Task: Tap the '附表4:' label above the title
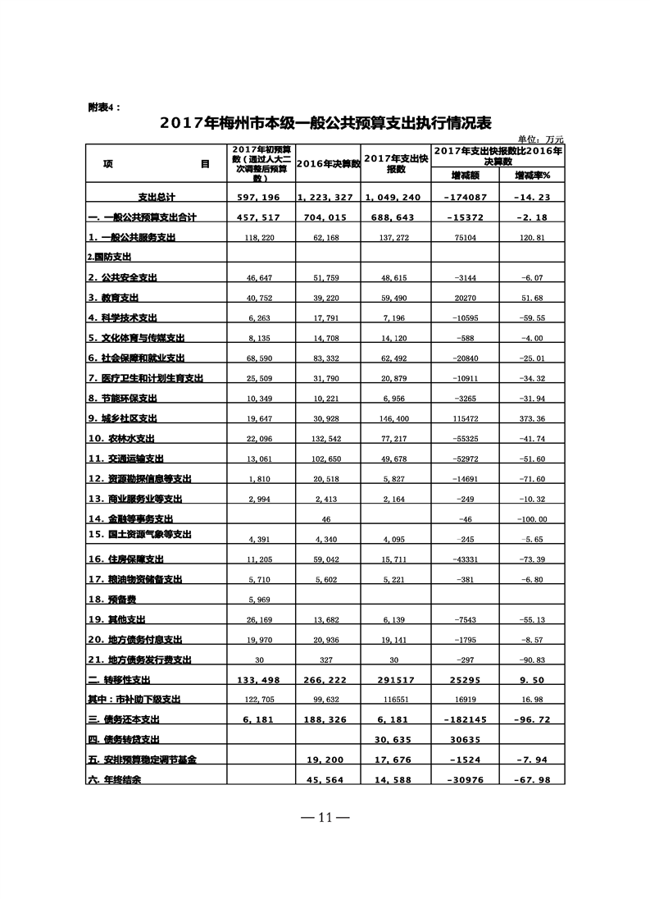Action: click(103, 107)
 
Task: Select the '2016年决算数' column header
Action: click(328, 164)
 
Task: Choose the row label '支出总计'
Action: click(156, 198)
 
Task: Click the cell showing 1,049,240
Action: click(396, 198)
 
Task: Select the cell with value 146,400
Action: click(396, 418)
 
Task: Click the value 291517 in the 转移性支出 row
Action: click(396, 679)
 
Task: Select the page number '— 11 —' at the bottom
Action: click(325, 817)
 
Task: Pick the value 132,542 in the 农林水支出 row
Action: click(328, 438)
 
